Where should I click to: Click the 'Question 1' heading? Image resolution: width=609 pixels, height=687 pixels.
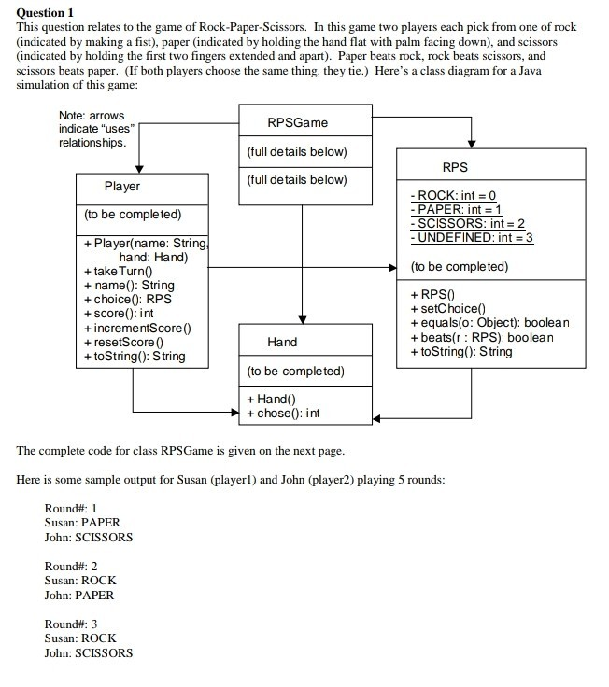tap(45, 12)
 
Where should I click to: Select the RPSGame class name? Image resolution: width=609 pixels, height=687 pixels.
tap(297, 122)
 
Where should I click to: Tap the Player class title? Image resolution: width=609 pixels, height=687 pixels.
tap(122, 186)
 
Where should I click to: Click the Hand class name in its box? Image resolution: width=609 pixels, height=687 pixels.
tap(282, 343)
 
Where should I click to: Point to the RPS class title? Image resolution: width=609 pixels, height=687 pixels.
tap(455, 167)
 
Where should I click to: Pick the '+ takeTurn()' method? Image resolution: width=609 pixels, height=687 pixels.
tap(118, 272)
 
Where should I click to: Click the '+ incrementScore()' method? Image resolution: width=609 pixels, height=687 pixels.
tap(137, 328)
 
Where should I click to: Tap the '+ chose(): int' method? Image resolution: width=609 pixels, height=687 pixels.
tap(284, 414)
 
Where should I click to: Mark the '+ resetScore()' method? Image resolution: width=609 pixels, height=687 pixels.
tap(124, 342)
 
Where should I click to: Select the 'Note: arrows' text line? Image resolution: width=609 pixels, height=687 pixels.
tap(91, 115)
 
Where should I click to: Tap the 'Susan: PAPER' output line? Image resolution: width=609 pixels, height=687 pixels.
tap(82, 523)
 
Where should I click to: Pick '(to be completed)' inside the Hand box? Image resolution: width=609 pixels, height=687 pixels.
tap(296, 372)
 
